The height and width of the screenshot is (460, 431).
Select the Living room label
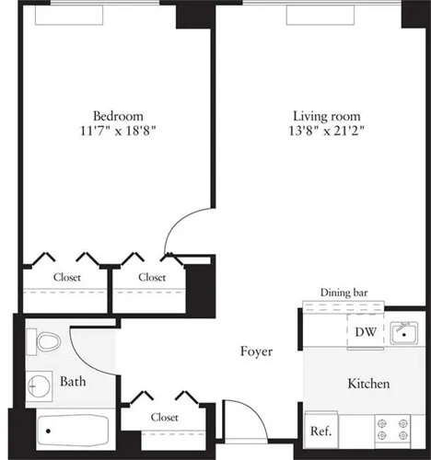[326, 116]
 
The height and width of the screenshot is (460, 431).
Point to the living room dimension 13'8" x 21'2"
[326, 131]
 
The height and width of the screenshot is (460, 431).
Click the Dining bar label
[344, 293]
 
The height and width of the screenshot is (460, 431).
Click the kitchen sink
[402, 332]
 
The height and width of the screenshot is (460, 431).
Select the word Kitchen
[368, 384]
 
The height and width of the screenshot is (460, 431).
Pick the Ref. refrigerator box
[320, 431]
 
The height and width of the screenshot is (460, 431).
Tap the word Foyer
[256, 351]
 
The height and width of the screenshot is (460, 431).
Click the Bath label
[73, 381]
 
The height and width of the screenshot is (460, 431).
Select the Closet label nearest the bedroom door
[152, 277]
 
